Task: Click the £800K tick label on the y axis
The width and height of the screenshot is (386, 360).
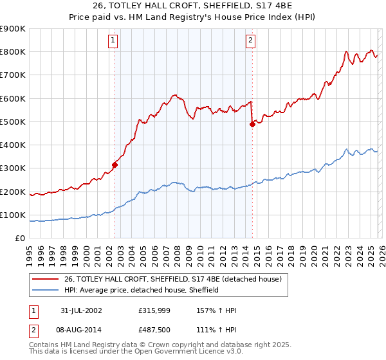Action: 13,52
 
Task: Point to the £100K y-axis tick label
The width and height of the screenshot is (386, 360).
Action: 13,215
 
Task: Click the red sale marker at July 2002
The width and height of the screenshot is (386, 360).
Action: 115,165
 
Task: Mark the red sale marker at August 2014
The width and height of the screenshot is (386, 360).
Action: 252,125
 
